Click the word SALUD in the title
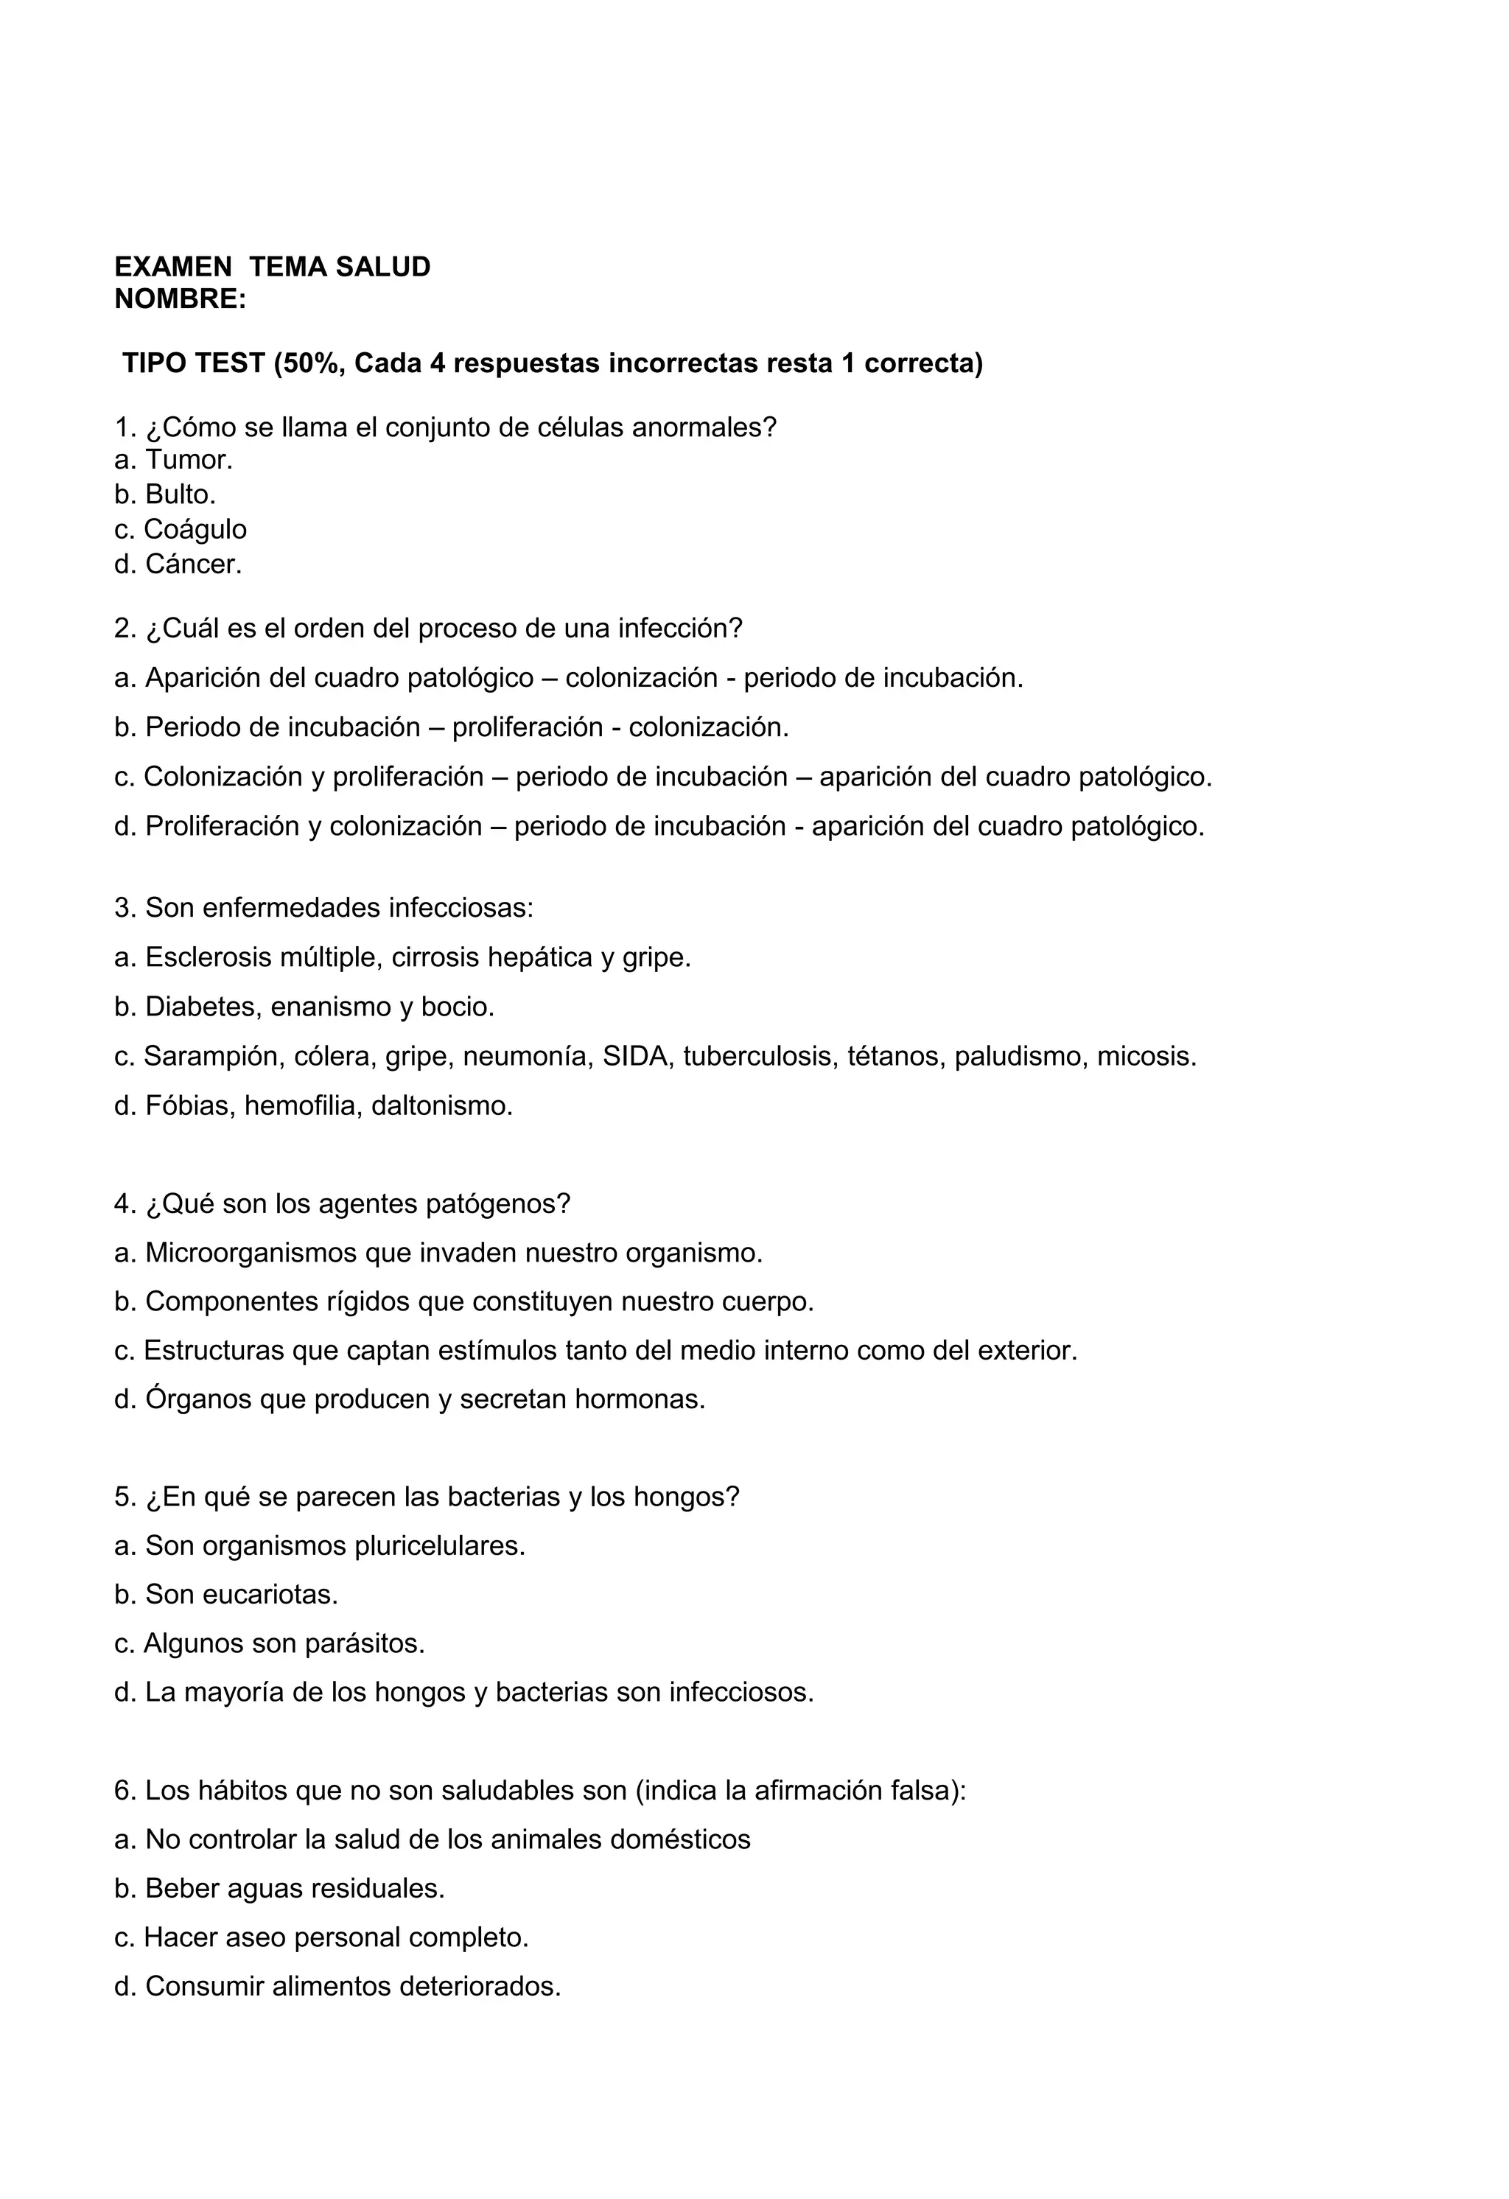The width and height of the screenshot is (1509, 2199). pyautogui.click(x=382, y=267)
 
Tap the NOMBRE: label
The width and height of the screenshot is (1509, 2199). pyautogui.click(x=180, y=299)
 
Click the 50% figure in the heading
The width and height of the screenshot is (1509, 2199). pyautogui.click(x=311, y=363)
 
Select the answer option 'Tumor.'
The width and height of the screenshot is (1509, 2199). pyautogui.click(x=189, y=460)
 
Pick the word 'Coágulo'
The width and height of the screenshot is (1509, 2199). pyautogui.click(x=195, y=529)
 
